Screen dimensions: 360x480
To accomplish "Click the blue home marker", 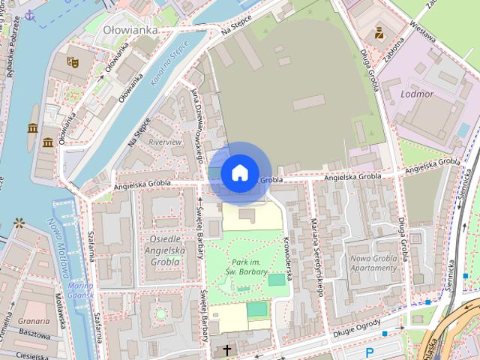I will tap(239, 172).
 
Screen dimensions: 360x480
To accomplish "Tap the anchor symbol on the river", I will tap(29, 15).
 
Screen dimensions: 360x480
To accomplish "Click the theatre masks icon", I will tap(73, 62).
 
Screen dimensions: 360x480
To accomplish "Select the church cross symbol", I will tap(227, 350).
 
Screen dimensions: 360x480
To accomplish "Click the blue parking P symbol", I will tap(369, 352).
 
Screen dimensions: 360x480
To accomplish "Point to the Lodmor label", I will tap(417, 94).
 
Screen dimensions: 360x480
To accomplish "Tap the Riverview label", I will tap(165, 141).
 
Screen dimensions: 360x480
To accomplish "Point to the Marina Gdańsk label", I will tap(80, 290).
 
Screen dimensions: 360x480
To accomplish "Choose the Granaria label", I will tap(34, 320).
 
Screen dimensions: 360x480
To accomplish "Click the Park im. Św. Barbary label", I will tap(250, 266).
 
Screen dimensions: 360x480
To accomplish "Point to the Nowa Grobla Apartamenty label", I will tap(373, 262).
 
